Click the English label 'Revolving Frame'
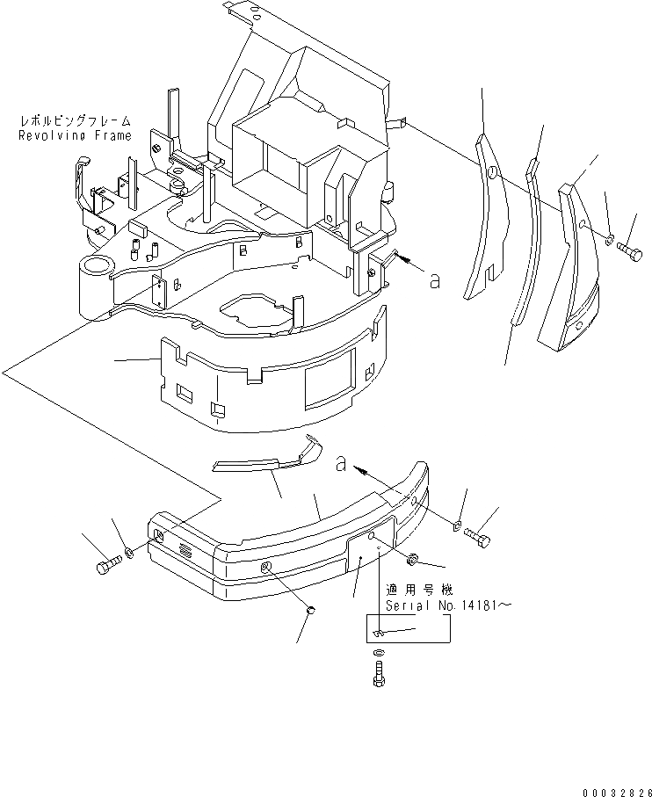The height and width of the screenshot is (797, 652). (x=75, y=135)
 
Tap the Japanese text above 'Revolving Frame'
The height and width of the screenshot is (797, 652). (x=75, y=120)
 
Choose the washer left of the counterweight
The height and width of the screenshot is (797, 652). (x=129, y=552)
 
